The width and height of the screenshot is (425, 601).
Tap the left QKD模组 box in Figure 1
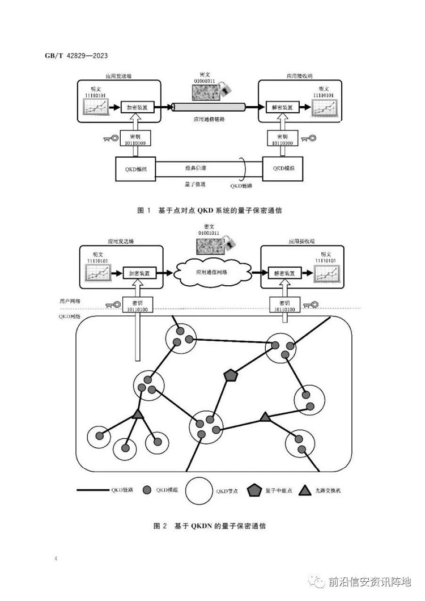click(x=135, y=169)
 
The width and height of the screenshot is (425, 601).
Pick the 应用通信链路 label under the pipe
click(x=208, y=120)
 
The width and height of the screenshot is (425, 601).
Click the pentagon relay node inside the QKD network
click(x=229, y=375)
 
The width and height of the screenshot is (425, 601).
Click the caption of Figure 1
click(x=210, y=210)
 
